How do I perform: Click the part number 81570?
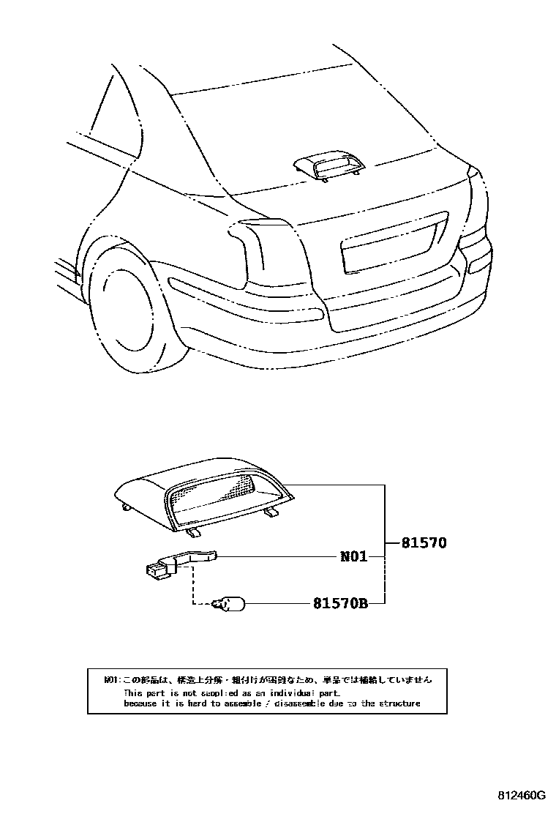click(x=424, y=543)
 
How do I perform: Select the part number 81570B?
click(x=339, y=604)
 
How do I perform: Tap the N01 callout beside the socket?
click(x=353, y=557)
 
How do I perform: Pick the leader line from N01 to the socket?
click(x=278, y=557)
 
